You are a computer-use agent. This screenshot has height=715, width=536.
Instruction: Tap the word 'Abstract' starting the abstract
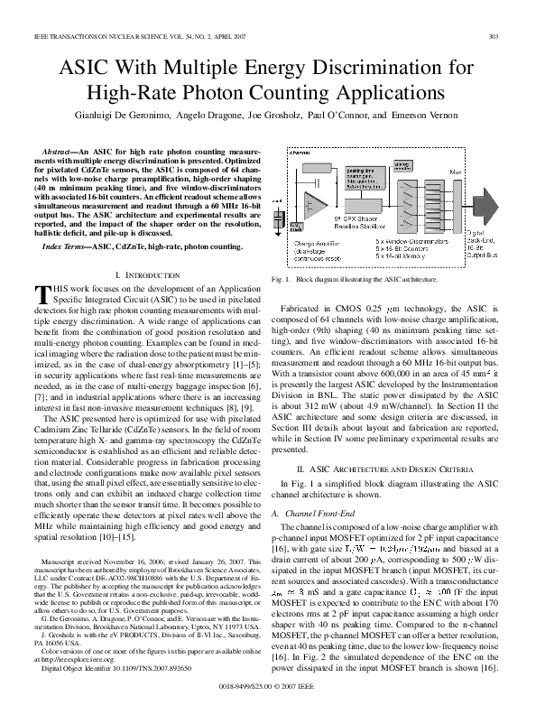coord(59,149)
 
